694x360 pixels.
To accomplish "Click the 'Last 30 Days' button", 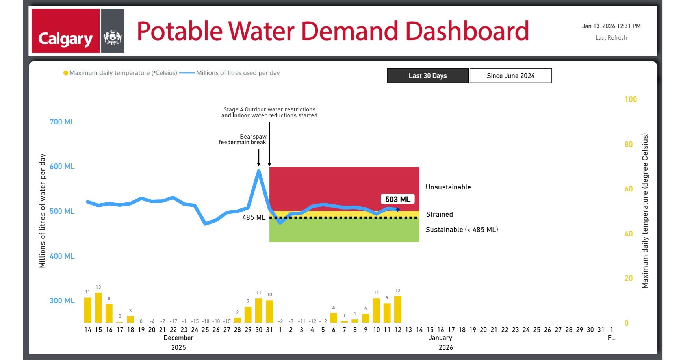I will pos(428,76).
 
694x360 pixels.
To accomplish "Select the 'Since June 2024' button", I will pos(510,76).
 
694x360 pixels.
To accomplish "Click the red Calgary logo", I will pos(65,31).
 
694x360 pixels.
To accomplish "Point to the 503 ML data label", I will pos(397,199).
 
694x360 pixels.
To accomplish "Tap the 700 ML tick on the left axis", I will pos(62,122).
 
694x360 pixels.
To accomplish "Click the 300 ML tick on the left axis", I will pos(62,301).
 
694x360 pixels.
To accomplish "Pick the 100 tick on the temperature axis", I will pos(631,100).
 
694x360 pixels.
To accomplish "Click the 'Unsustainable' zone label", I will pos(448,187).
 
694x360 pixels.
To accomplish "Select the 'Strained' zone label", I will pos(439,214).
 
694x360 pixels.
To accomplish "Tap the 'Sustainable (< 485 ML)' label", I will pos(462,230).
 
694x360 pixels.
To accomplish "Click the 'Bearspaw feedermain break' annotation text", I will pos(243,139).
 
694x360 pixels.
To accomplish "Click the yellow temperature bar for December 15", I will pos(98,308).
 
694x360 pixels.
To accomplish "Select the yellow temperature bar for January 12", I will pos(398,309).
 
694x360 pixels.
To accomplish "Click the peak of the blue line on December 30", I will pos(259,171).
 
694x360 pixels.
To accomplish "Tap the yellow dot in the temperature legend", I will pos(66,73).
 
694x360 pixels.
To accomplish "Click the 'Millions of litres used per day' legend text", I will pos(238,73).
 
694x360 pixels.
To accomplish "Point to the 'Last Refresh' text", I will pos(611,38).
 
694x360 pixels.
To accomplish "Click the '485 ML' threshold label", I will pos(254,217).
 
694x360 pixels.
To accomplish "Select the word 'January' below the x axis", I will pos(440,338).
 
